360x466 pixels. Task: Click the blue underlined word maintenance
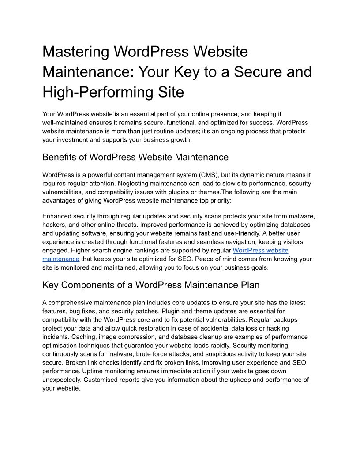coord(61,259)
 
